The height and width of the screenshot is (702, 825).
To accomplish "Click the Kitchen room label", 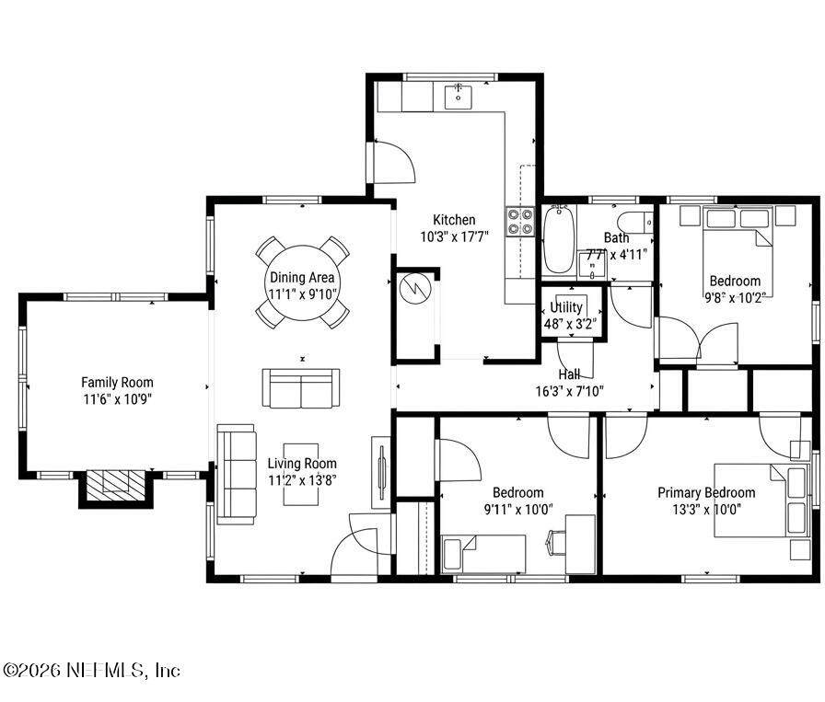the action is click(454, 220).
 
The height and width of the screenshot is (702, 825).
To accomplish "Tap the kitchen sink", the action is click(459, 97).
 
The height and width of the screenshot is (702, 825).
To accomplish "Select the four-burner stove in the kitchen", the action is click(520, 222).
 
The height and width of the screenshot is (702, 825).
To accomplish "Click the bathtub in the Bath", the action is click(558, 240).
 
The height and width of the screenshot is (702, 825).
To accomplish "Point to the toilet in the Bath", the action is click(634, 224).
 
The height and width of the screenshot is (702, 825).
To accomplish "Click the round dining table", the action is click(302, 282).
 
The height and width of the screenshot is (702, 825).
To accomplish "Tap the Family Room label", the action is click(117, 383).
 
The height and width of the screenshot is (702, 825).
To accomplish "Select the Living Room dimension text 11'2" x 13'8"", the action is click(302, 480).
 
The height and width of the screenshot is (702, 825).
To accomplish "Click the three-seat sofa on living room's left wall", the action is click(237, 474).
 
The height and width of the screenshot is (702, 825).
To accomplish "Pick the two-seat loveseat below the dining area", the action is click(301, 388).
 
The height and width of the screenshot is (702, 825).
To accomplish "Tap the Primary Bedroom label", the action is click(706, 493).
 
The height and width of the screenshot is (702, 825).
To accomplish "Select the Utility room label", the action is click(566, 307).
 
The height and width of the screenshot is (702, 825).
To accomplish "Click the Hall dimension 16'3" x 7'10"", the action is click(569, 391).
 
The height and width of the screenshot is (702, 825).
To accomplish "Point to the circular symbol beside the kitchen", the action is click(415, 288).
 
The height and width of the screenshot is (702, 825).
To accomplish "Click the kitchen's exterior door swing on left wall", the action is click(394, 162).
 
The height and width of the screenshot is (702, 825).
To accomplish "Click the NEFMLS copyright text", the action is click(91, 671).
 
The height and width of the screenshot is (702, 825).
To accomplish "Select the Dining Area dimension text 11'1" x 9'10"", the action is click(302, 293).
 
